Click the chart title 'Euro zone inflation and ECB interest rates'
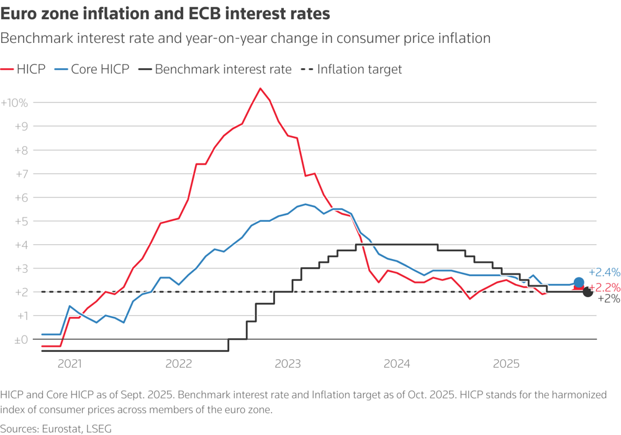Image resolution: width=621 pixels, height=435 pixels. [165, 13]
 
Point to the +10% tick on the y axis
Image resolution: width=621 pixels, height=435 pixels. [14, 103]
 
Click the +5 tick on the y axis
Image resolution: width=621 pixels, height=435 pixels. [20, 221]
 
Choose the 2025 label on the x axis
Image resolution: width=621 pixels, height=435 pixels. [506, 364]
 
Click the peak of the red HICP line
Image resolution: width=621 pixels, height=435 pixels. [260, 88]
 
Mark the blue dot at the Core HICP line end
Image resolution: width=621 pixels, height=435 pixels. [579, 283]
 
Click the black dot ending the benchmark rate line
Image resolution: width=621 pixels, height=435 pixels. [587, 292]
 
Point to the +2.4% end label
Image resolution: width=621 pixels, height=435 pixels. [604, 272]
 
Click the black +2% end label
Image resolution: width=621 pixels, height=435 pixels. [609, 299]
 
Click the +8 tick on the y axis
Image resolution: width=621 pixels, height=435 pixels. [20, 150]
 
